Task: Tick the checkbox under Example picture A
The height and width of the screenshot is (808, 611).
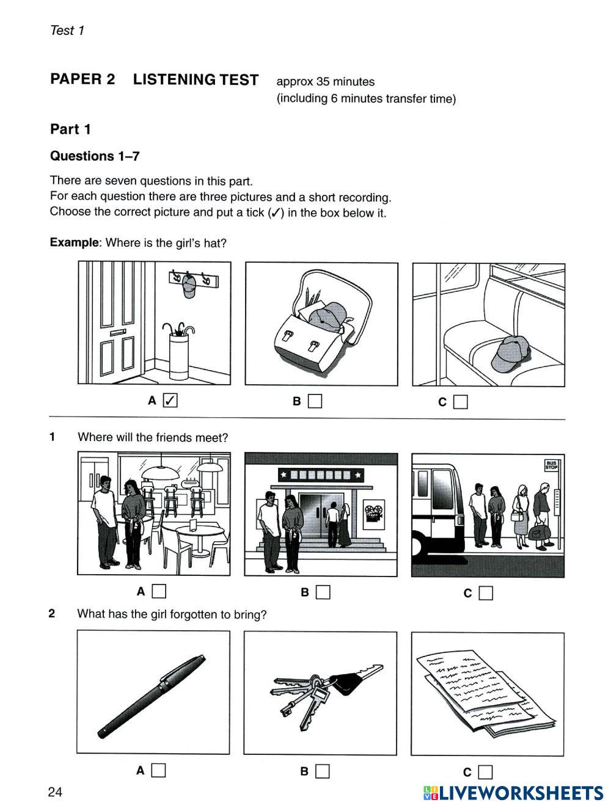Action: [x=170, y=400]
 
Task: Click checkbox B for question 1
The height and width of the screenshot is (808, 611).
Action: [x=323, y=592]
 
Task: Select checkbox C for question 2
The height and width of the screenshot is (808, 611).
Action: [x=485, y=771]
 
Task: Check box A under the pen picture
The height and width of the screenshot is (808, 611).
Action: [x=158, y=770]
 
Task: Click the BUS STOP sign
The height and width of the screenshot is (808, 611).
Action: [x=551, y=465]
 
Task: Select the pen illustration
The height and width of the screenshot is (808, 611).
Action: [x=152, y=696]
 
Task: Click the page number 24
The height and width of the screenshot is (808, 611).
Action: [x=55, y=792]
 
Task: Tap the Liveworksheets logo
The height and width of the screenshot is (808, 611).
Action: [x=513, y=793]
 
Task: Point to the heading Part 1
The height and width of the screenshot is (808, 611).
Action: [x=70, y=129]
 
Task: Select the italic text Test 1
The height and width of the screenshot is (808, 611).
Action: [x=67, y=30]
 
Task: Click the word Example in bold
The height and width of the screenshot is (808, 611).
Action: [x=74, y=242]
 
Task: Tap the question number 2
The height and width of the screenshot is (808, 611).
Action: [x=51, y=613]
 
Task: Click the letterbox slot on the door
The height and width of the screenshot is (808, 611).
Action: [x=117, y=332]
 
